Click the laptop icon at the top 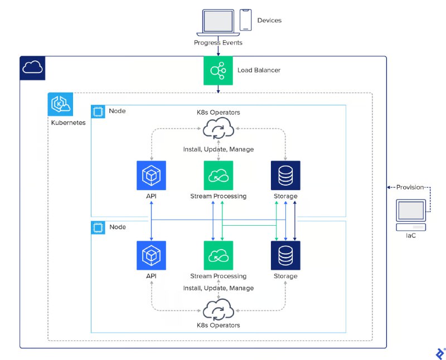coord(218,21)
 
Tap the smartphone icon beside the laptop coord(246,20)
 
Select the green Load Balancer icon coord(218,71)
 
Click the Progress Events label coord(218,43)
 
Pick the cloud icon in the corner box coord(32,68)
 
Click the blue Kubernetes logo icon coord(59,104)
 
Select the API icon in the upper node coord(151,176)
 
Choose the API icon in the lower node coord(151,256)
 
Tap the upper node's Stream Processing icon coord(218,176)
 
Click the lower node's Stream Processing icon coord(218,256)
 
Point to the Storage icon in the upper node coord(285,176)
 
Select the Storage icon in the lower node coord(285,256)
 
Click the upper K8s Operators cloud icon coord(218,130)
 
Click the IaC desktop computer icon coord(411,215)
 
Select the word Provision coord(410,187)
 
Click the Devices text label coord(269,21)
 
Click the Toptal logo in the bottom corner coord(439,353)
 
